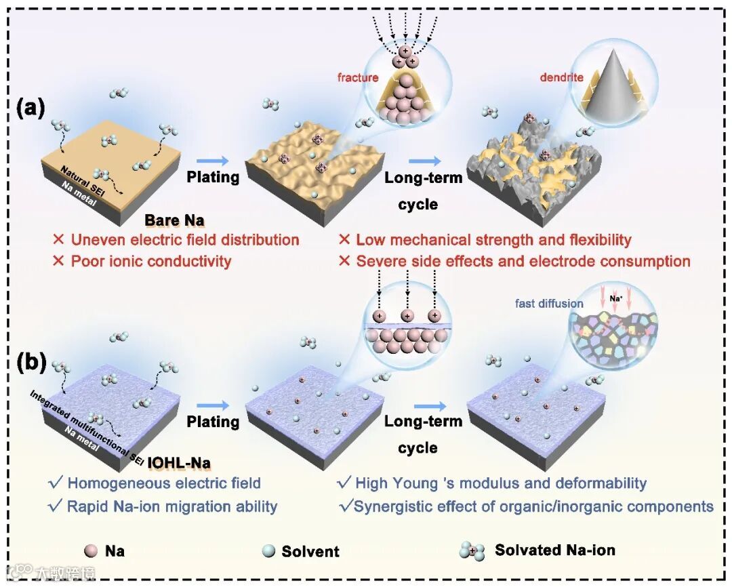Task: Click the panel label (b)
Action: [30, 363]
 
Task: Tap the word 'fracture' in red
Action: [358, 77]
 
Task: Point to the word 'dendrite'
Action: [561, 77]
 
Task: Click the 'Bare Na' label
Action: [175, 220]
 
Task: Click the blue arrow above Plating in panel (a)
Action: [212, 161]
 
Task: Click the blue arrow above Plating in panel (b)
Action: [212, 405]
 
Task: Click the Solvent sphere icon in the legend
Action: [268, 551]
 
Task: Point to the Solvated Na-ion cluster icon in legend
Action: [472, 551]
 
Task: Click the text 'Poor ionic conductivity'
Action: [151, 261]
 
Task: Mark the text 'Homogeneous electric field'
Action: [164, 483]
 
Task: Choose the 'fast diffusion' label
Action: [549, 303]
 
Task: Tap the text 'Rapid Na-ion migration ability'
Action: [172, 506]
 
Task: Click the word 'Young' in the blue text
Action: [403, 483]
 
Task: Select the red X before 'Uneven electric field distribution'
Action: [59, 240]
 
